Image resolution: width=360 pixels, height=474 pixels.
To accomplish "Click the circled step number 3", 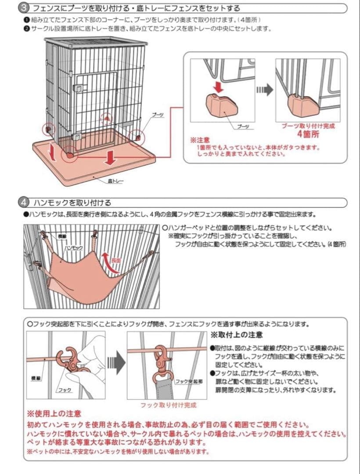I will [x=25, y=8].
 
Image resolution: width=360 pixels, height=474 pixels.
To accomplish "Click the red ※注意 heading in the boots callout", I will [x=200, y=140].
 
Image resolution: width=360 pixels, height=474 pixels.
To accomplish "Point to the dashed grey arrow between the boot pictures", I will [x=264, y=90].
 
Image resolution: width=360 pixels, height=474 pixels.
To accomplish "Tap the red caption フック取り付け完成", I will [x=168, y=405].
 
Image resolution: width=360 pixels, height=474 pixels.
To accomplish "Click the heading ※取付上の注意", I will [x=237, y=335].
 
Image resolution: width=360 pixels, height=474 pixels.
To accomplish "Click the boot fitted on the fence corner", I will [x=300, y=104].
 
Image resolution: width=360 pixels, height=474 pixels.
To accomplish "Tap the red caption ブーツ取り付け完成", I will [x=308, y=126].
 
